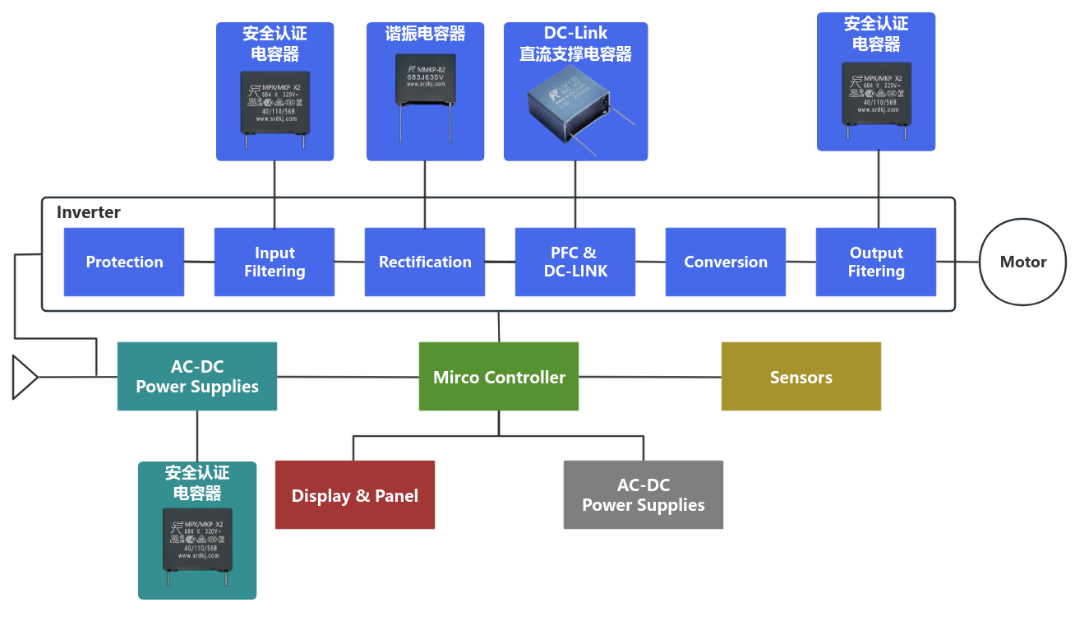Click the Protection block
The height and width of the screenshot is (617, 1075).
pyautogui.click(x=124, y=262)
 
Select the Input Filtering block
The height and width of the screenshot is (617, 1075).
pyautogui.click(x=275, y=262)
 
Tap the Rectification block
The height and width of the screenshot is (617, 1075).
pyautogui.click(x=425, y=262)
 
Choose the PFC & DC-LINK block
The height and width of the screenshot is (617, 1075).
pyautogui.click(x=575, y=262)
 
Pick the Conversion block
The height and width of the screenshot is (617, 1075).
pyautogui.click(x=726, y=262)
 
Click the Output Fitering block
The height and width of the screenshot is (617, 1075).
pyautogui.click(x=876, y=262)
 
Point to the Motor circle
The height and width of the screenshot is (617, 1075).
pyautogui.click(x=1023, y=262)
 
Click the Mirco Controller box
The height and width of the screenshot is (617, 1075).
pyautogui.click(x=499, y=377)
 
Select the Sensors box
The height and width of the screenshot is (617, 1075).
pyautogui.click(x=801, y=377)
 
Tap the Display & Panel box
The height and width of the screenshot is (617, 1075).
pyautogui.click(x=355, y=495)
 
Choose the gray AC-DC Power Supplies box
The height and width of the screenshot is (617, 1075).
pyautogui.click(x=644, y=495)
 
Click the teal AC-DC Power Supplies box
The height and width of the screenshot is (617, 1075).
pyautogui.click(x=197, y=377)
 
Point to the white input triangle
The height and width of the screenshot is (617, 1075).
pyautogui.click(x=24, y=378)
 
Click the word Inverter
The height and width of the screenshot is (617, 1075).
pyautogui.click(x=89, y=212)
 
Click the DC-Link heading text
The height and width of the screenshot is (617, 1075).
pyautogui.click(x=575, y=33)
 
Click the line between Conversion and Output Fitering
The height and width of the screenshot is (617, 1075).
pyautogui.click(x=800, y=262)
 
